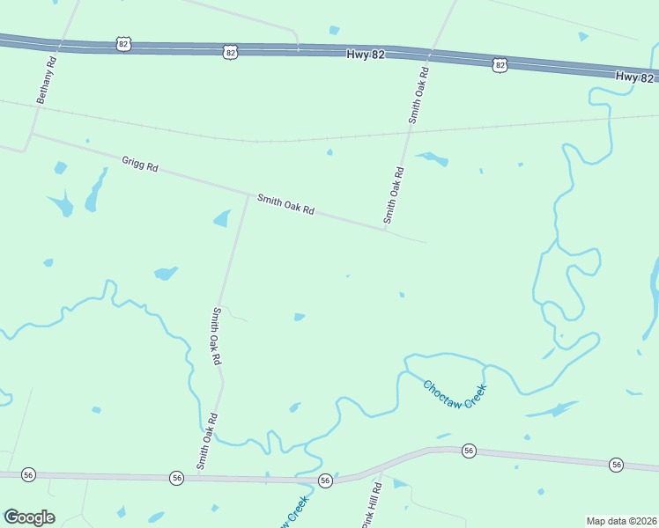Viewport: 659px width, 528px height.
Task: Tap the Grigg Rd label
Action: point(140,164)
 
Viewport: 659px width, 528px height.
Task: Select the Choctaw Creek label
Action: point(455,393)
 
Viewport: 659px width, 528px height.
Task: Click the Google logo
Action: point(29,517)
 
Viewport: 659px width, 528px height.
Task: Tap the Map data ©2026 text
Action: point(622,521)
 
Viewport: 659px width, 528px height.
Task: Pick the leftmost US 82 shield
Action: point(122,43)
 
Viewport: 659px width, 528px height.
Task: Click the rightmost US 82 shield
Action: point(500,64)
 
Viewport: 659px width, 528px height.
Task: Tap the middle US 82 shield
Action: point(230,52)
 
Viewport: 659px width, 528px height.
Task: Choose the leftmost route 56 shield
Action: point(29,474)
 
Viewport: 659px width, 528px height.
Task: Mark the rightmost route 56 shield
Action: point(616,464)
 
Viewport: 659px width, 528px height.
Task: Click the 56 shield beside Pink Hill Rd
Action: point(325,480)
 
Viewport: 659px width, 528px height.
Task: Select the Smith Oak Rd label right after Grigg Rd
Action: point(285,205)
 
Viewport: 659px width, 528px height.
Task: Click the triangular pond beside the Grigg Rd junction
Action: point(222,218)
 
